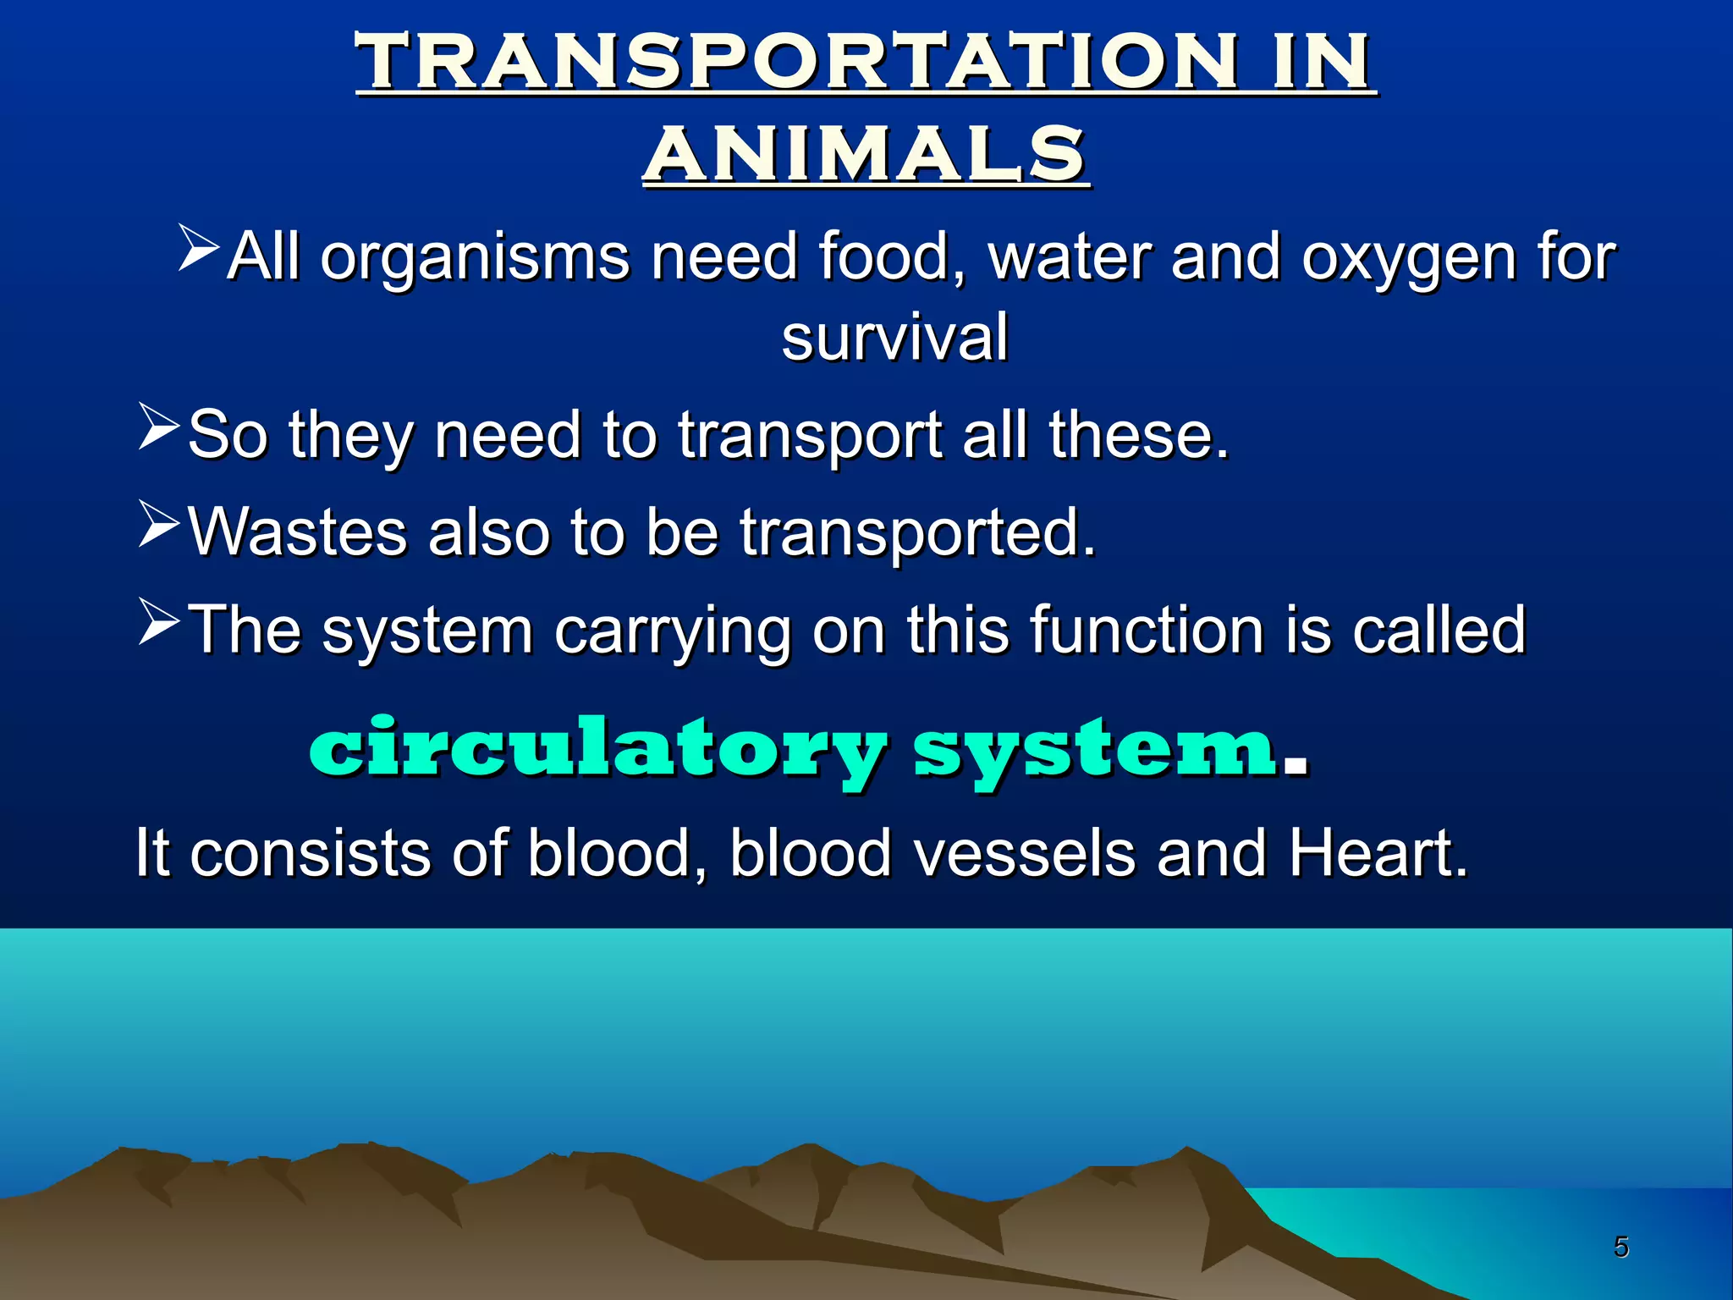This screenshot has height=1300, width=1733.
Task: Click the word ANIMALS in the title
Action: click(866, 154)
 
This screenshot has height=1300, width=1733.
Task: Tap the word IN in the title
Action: click(1321, 61)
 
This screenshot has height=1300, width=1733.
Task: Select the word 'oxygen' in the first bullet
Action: click(1406, 258)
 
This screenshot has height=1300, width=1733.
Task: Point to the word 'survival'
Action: click(894, 337)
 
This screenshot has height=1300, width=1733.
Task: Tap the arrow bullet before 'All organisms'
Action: click(199, 248)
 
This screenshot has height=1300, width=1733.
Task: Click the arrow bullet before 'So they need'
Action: click(159, 427)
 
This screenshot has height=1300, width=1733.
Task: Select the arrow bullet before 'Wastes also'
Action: click(159, 525)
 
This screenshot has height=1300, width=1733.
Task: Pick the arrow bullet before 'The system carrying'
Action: click(159, 622)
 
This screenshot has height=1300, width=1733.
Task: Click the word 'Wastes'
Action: click(297, 532)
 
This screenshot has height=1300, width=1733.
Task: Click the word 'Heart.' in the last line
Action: click(1378, 853)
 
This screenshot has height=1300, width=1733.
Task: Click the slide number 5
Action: click(1620, 1247)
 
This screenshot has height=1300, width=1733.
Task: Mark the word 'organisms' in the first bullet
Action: click(474, 258)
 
